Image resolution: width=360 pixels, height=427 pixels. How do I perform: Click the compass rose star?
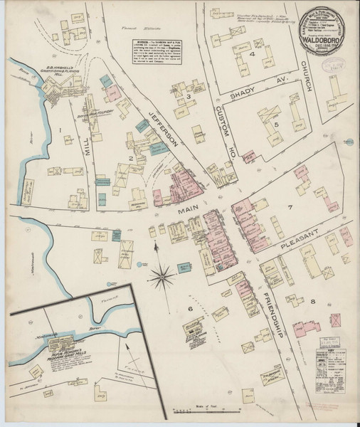tap(162, 274)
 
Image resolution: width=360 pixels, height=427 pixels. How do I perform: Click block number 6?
tap(191, 308)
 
